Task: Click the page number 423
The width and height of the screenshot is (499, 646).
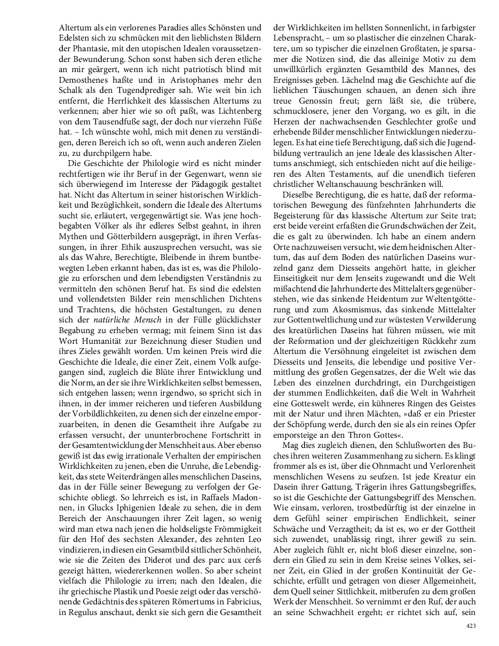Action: (x=470, y=626)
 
